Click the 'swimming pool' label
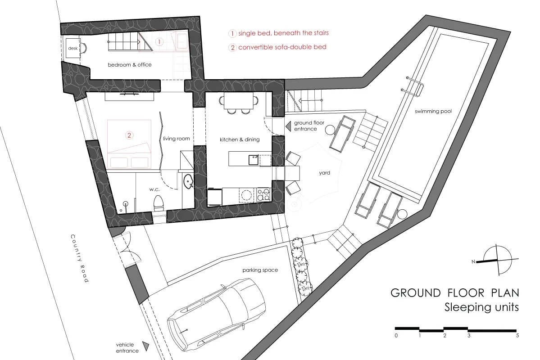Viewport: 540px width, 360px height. pos(433,111)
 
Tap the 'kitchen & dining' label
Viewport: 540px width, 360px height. pos(240,139)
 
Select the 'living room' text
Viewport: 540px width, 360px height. pos(177,138)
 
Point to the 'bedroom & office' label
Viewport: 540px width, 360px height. pos(130,65)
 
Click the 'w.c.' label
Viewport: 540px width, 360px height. pos(154,189)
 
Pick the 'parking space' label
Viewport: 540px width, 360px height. pos(260,270)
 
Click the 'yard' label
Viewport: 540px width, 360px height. pos(324,173)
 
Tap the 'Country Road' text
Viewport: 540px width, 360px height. pos(80,258)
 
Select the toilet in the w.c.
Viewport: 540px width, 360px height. pos(159,202)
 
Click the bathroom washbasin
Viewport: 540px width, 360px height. pos(188,181)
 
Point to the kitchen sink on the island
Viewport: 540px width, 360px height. pos(254,160)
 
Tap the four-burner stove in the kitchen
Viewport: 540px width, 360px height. pos(263,194)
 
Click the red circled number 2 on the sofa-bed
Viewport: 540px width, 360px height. pos(129,135)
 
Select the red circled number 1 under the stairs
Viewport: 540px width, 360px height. pos(159,42)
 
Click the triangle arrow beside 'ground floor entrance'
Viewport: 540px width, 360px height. pos(288,126)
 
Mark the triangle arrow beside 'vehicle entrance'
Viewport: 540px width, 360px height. pos(146,346)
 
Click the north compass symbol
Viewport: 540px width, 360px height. pos(497,260)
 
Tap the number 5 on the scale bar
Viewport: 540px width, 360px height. pos(517,336)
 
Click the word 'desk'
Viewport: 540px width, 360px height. pos(73,48)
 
